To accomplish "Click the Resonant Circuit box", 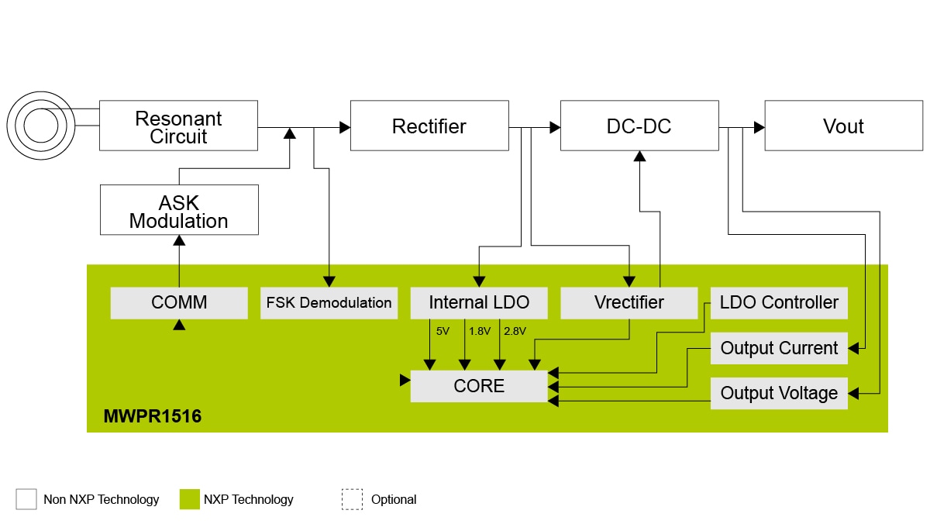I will (x=178, y=126).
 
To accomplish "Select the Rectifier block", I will (x=429, y=126).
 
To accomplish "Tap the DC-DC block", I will (x=639, y=126).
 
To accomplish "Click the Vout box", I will (x=843, y=126).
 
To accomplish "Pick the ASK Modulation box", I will (x=178, y=210).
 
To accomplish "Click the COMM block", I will (x=178, y=302).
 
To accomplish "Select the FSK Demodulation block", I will (x=329, y=302).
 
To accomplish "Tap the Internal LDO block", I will (x=478, y=302).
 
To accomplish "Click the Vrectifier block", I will (x=629, y=302).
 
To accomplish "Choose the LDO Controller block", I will (x=779, y=302).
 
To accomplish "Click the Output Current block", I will (x=779, y=348).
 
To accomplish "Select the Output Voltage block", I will (x=779, y=393).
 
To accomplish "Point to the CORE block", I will (x=478, y=386).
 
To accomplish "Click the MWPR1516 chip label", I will (x=153, y=417).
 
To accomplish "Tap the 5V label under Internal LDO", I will (x=443, y=331).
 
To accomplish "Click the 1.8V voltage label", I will (x=480, y=331).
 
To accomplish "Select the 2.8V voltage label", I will (x=515, y=331).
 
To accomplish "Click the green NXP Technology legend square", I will (x=189, y=499).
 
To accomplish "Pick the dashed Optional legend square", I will (x=352, y=499).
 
